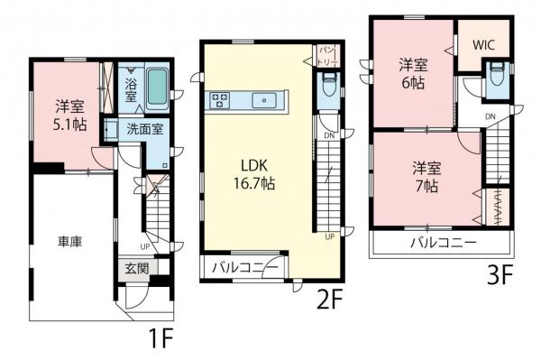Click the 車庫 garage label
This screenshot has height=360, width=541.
[x=71, y=242]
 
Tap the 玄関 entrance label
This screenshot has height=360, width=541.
[x=135, y=268]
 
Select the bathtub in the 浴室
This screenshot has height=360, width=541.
[x=156, y=88]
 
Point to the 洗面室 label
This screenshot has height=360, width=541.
[x=144, y=129]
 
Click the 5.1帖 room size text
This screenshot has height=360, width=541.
[x=69, y=125]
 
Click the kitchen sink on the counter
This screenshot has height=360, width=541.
[x=267, y=100]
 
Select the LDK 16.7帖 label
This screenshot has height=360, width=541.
[x=257, y=173]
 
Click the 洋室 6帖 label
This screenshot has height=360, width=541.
[x=413, y=71]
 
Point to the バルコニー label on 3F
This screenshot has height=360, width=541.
[x=444, y=243]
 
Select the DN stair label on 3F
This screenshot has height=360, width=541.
[x=490, y=117]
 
